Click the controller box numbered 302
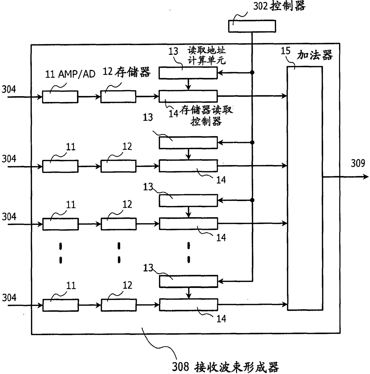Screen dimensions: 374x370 pyautogui.click(x=252, y=26)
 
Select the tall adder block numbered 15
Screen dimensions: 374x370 pyautogui.click(x=304, y=188)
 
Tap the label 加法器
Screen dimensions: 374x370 pyautogui.click(x=315, y=55)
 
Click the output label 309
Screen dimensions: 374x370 pyautogui.click(x=358, y=163)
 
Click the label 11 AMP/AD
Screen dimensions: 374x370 pyautogui.click(x=70, y=74)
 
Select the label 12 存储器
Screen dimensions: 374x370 pyautogui.click(x=127, y=72)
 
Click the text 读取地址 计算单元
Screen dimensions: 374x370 pyautogui.click(x=206, y=55)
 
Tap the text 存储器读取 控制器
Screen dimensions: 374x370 pyautogui.click(x=206, y=116)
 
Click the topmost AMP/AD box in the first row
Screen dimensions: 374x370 pyautogui.click(x=60, y=97)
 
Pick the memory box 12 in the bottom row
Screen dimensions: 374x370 pyautogui.click(x=118, y=305)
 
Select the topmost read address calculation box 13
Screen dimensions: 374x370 pyautogui.click(x=188, y=73)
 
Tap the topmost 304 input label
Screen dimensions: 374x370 pyautogui.click(x=9, y=89)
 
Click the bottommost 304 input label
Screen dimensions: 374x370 pyautogui.click(x=9, y=297)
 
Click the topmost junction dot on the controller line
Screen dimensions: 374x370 pyautogui.click(x=252, y=72)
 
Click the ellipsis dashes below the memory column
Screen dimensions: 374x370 pyautogui.click(x=119, y=253)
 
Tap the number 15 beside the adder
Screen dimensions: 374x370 pyautogui.click(x=285, y=51)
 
